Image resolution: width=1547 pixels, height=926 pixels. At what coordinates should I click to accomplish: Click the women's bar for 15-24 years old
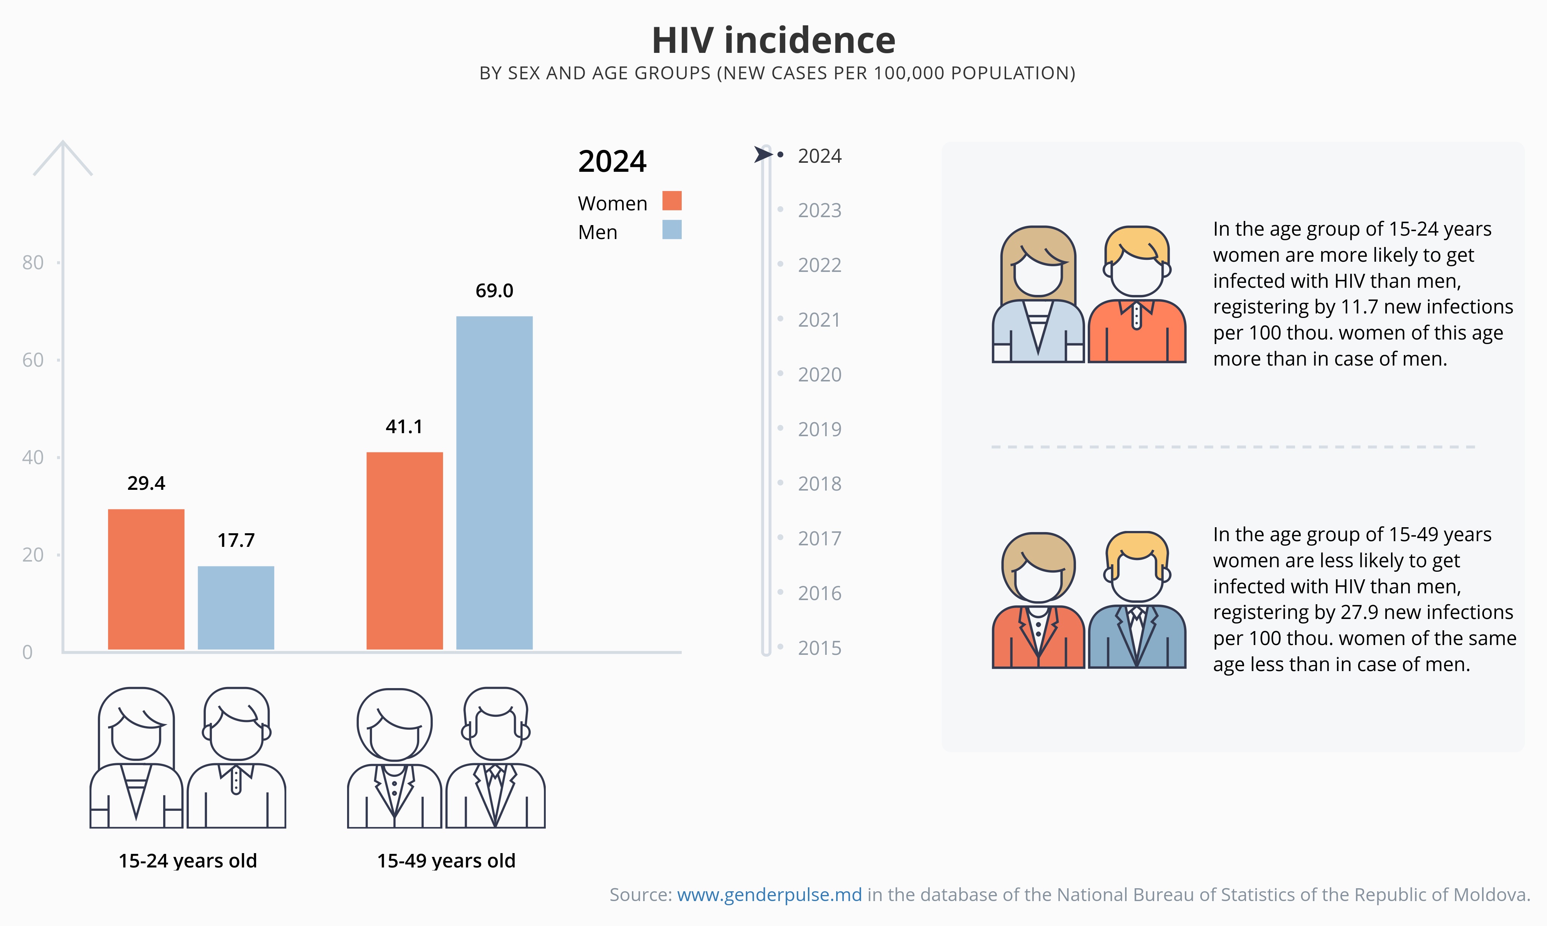coord(146,579)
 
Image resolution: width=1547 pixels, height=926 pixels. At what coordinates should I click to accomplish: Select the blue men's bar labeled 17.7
coord(236,608)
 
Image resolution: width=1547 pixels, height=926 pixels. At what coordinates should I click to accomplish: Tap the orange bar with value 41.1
coord(405,550)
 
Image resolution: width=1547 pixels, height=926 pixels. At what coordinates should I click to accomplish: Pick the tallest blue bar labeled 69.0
coord(494,482)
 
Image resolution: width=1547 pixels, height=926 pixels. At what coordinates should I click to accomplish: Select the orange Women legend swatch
coord(672,201)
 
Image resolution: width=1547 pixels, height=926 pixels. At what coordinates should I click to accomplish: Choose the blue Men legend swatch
coord(672,230)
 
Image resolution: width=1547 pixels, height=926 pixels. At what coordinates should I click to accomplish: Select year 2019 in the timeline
coord(819,429)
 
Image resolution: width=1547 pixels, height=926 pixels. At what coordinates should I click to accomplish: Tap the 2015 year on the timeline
coord(819,648)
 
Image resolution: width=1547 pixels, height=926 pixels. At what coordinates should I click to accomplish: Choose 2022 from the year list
coord(819,265)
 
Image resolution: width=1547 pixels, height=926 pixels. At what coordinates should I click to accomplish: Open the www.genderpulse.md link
coord(769,895)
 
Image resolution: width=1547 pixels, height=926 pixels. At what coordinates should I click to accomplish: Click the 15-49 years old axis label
coord(446,861)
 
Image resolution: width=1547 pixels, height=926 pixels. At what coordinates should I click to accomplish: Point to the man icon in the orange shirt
coord(1136,295)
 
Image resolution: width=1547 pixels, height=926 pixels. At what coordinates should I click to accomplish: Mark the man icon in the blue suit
coord(1136,600)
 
